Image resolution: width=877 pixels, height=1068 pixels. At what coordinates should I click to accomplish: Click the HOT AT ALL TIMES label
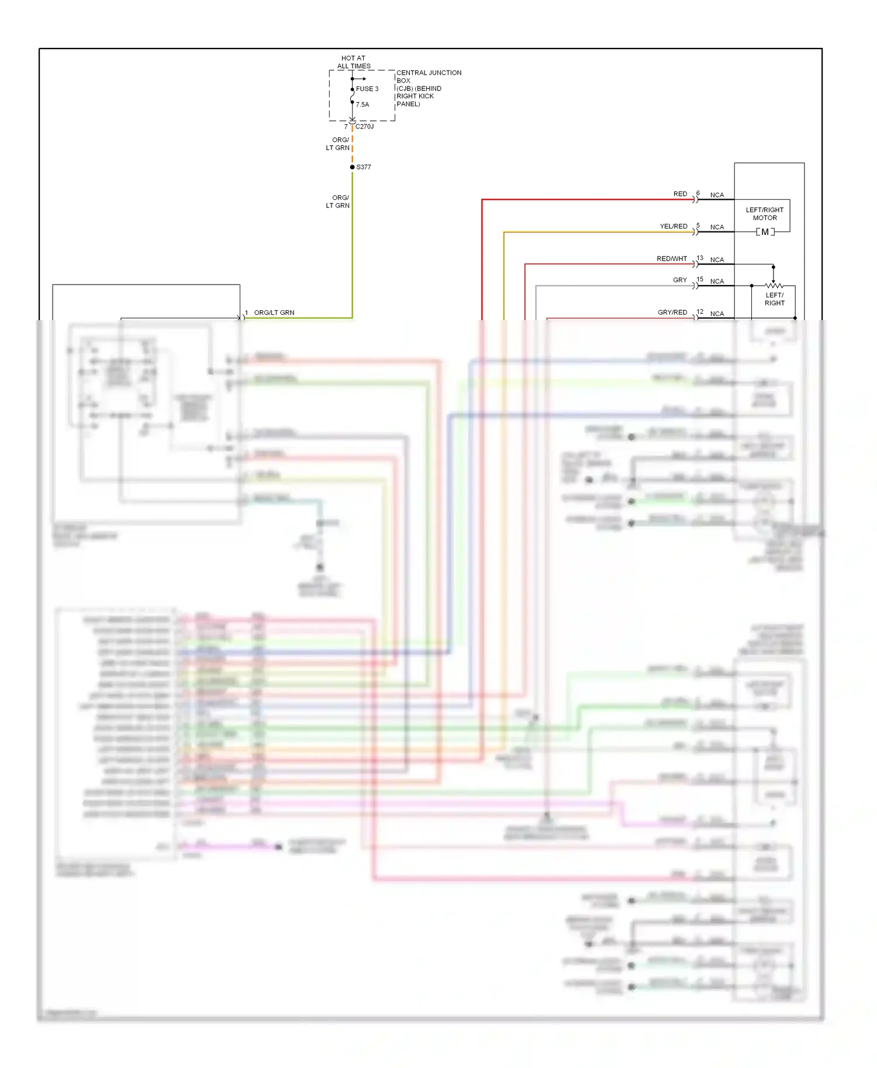tap(353, 62)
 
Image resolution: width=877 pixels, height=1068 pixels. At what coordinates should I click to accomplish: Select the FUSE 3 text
tap(367, 89)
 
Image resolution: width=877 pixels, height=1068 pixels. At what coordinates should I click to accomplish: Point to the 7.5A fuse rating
tap(362, 105)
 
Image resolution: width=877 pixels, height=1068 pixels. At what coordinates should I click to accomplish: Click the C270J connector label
tap(364, 126)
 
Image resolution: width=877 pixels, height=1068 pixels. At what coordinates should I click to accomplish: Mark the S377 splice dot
tap(352, 167)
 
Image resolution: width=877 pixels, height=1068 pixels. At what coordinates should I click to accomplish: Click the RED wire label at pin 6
tap(680, 194)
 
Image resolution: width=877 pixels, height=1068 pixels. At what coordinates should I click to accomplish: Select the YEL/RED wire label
tap(674, 226)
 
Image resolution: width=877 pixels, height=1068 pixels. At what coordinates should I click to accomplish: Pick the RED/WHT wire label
tap(672, 258)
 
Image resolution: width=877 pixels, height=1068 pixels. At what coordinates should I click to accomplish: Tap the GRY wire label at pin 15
tap(679, 280)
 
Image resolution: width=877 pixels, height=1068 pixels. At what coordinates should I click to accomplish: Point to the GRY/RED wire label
tap(672, 312)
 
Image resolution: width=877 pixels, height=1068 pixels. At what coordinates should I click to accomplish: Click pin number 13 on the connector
tap(700, 258)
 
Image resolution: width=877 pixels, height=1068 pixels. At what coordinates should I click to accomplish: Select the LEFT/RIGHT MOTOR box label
tap(764, 214)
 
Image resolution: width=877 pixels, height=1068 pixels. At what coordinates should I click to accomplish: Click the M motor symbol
tap(765, 232)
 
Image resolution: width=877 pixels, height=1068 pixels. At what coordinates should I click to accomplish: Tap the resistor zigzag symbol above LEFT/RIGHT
tap(774, 286)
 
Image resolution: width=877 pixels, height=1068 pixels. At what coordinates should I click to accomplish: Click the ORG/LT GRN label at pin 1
tap(274, 313)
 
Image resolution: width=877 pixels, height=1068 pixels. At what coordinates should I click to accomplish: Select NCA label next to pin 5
tap(717, 227)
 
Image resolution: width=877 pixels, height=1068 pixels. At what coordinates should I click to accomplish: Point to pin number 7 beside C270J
tap(346, 126)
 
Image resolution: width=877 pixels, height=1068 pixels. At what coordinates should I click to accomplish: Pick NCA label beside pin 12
tap(717, 314)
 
